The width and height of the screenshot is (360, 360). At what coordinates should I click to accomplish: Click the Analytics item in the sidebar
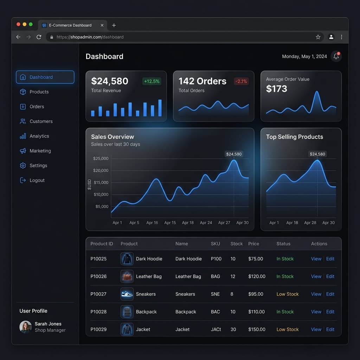(x=39, y=136)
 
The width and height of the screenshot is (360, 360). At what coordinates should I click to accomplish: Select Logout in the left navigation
(x=37, y=180)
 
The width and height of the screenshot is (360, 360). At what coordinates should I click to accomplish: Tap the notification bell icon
(x=336, y=56)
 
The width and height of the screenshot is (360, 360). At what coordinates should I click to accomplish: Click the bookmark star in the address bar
(x=318, y=37)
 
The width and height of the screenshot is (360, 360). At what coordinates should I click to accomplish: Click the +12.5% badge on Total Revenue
(x=152, y=81)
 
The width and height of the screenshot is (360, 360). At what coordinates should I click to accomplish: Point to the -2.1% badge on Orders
(x=241, y=81)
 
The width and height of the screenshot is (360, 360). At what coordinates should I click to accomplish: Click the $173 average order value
(x=277, y=89)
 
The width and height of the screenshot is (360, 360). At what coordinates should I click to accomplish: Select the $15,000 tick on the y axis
(x=101, y=182)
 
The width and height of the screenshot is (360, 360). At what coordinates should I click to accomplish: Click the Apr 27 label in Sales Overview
(x=224, y=223)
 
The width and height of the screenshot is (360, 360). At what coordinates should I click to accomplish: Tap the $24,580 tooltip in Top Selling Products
(x=317, y=154)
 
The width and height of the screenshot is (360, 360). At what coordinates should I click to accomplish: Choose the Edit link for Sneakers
(x=330, y=294)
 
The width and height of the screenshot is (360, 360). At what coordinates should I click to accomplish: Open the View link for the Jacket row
(x=316, y=329)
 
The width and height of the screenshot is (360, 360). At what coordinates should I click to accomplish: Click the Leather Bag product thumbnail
(x=127, y=276)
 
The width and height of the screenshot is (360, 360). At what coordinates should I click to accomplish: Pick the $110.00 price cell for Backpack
(x=257, y=312)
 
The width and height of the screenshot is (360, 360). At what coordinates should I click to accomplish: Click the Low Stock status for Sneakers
(x=287, y=294)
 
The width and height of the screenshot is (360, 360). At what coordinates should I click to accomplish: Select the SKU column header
(x=216, y=244)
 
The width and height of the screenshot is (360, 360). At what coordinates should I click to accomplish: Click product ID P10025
(x=98, y=259)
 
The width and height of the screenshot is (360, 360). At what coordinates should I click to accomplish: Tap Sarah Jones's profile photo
(x=26, y=327)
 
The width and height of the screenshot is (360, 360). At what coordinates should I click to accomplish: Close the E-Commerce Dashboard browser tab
(x=102, y=25)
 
